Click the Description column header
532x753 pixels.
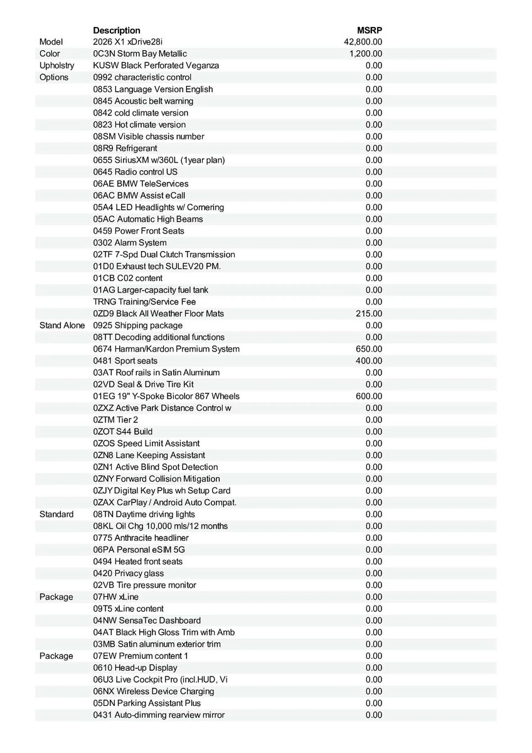tap(117, 30)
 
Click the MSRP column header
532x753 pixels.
tap(370, 30)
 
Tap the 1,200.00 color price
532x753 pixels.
tap(366, 54)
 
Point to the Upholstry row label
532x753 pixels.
tap(56, 66)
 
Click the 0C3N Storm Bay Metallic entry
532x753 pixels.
tap(140, 54)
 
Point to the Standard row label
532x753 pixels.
tap(56, 515)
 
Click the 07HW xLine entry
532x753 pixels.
tap(116, 597)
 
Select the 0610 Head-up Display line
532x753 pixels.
tap(135, 668)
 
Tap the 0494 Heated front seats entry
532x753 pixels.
tap(138, 562)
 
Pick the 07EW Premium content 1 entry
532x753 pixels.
tap(141, 656)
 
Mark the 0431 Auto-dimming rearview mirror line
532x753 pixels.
tap(159, 715)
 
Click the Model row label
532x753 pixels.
tap(51, 42)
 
